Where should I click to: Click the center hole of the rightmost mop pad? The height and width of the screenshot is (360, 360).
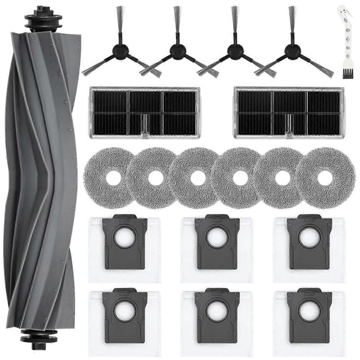pos(324,178)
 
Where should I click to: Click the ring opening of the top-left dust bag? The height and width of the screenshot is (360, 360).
pos(124,238)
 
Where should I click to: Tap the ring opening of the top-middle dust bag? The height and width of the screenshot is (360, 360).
pos(217,238)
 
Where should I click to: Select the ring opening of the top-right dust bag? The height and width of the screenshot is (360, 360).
pos(309,238)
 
